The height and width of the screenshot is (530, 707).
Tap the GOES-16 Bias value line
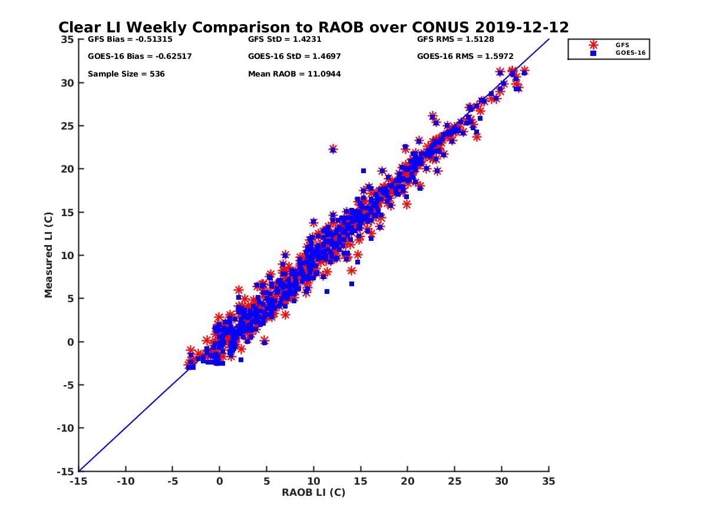(140, 57)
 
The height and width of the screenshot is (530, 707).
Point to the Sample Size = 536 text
(126, 74)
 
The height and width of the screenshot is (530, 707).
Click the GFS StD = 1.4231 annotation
(285, 39)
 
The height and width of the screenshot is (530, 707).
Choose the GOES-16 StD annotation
(295, 57)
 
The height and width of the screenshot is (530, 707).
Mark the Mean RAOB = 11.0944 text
(295, 74)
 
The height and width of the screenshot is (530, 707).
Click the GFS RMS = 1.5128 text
(455, 39)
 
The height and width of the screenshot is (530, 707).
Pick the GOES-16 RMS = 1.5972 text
(465, 57)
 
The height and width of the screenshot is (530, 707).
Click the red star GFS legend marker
(593, 45)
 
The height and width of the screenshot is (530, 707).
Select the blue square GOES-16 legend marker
(593, 53)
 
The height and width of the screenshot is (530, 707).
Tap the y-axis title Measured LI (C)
(48, 255)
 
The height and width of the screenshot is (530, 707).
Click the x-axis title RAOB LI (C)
(313, 492)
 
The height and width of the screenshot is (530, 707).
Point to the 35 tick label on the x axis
(549, 481)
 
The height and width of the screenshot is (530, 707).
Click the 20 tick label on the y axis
(67, 169)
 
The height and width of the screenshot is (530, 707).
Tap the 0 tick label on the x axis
(219, 481)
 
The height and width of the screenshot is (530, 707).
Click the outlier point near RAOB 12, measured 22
(333, 150)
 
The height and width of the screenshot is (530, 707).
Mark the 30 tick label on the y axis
(67, 82)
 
